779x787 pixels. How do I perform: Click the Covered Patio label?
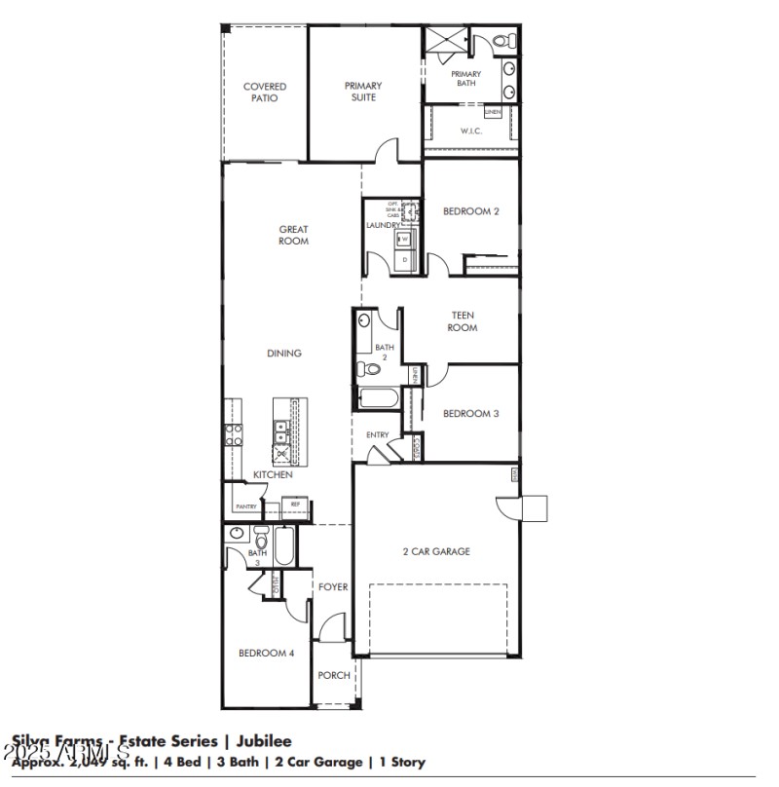tap(265, 93)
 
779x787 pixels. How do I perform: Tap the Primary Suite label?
tap(362, 92)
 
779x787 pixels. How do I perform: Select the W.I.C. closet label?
tap(471, 131)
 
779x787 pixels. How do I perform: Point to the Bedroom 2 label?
tap(471, 210)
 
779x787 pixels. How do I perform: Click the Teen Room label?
tap(463, 321)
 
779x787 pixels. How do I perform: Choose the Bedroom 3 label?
tap(471, 413)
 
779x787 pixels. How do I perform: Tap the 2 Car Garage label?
tap(436, 551)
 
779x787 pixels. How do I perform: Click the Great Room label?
tap(293, 235)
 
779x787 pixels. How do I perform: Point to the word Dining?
tap(284, 353)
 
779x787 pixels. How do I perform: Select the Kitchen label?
tap(273, 474)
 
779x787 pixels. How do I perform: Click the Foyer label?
tap(333, 586)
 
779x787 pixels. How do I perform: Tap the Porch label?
tap(332, 675)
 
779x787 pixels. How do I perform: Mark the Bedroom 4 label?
tap(266, 653)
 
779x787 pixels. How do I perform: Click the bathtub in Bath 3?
tap(284, 545)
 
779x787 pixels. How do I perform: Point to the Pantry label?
tap(245, 506)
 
